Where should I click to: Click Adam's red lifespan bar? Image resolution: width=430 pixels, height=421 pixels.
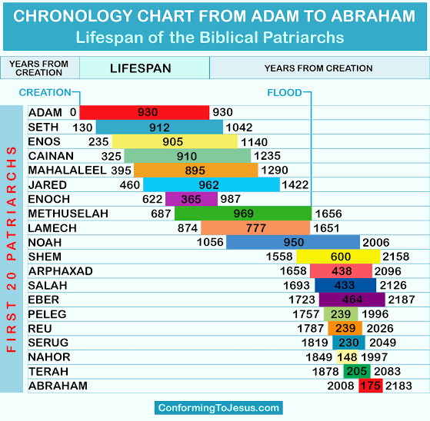click(x=145, y=112)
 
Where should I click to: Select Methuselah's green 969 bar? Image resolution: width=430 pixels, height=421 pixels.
click(x=243, y=214)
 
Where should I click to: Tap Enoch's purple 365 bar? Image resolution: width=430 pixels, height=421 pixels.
click(x=192, y=199)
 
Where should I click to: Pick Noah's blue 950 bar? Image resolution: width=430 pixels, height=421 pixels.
click(x=293, y=242)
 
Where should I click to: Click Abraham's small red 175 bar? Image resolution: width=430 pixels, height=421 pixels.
click(x=371, y=386)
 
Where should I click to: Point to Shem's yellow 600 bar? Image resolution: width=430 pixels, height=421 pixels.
click(x=338, y=257)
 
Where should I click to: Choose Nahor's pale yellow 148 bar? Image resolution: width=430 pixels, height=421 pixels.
click(x=347, y=357)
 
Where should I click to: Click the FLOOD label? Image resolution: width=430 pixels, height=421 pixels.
click(x=285, y=93)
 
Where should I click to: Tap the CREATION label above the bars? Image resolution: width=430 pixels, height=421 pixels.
click(x=45, y=93)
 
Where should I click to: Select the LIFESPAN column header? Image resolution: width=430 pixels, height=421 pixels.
click(x=141, y=68)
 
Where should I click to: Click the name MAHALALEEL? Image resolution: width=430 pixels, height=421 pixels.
click(x=67, y=170)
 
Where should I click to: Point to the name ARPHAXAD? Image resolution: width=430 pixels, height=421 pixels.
click(x=61, y=271)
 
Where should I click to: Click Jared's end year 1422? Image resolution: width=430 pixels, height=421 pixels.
click(x=295, y=184)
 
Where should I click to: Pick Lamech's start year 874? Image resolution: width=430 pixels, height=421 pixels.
click(x=188, y=228)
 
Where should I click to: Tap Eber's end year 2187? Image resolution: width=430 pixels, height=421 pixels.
click(x=402, y=300)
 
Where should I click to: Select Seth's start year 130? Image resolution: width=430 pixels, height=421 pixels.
click(x=82, y=128)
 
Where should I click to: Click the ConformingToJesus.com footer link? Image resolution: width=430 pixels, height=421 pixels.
click(x=218, y=408)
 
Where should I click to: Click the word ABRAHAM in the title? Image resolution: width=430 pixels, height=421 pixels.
click(x=373, y=16)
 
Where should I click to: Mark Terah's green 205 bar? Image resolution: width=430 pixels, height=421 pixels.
click(x=357, y=371)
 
